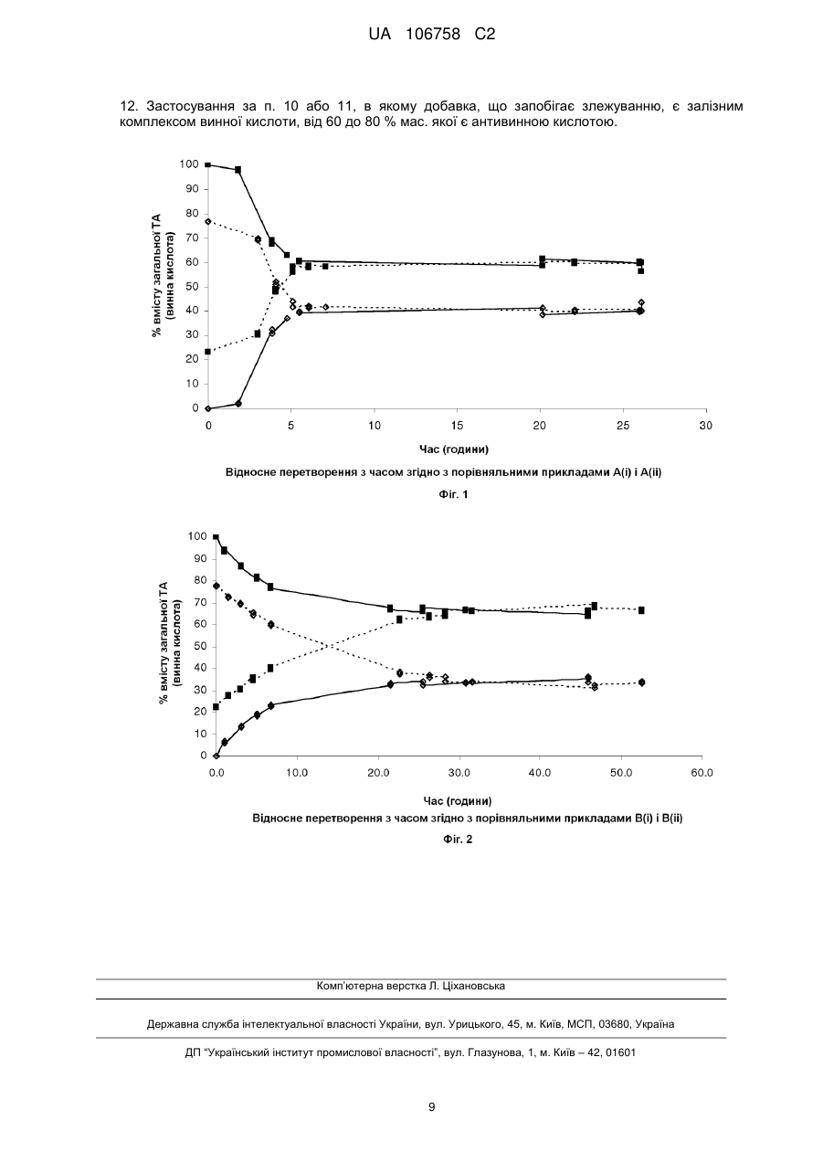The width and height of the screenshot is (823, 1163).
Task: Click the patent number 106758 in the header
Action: (433, 35)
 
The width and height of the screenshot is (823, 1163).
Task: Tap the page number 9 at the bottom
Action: (431, 1107)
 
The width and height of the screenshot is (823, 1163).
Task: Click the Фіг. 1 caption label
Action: (453, 494)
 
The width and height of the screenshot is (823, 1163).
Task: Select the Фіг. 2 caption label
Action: (458, 839)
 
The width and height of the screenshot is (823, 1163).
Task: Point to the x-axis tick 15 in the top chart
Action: (457, 426)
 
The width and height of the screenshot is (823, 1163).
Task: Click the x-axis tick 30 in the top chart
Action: (706, 426)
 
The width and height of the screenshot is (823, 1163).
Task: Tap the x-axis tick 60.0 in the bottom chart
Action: (702, 773)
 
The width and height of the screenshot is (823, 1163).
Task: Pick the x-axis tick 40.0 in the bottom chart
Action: (540, 773)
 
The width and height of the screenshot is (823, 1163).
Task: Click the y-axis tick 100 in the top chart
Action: (189, 164)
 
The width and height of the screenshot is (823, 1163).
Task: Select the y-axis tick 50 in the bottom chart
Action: (201, 647)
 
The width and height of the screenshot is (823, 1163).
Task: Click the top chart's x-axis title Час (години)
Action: (454, 449)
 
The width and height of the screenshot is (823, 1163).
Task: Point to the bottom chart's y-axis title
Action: (171, 643)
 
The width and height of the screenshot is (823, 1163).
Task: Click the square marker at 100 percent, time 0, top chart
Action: (207, 165)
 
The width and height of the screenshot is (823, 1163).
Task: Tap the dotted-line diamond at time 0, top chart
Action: (207, 221)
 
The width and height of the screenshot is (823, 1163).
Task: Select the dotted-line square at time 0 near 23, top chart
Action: (207, 352)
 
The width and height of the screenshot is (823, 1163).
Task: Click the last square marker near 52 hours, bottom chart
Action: (641, 610)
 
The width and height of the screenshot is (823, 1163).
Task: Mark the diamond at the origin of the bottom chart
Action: (216, 756)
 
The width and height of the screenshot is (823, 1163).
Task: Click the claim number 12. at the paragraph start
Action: (128, 107)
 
